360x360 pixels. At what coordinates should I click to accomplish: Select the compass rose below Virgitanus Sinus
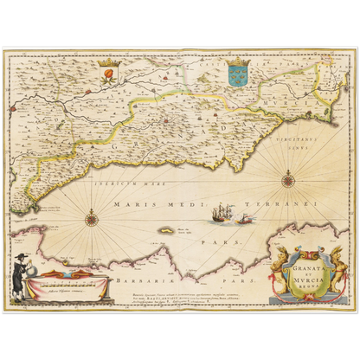pyautogui.click(x=286, y=180)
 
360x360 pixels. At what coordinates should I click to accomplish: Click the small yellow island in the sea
pyautogui.click(x=165, y=230)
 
